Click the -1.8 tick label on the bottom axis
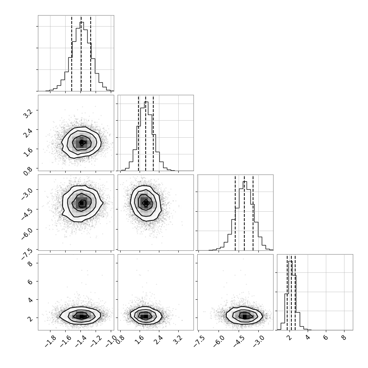point(50,341)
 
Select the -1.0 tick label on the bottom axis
point(111,341)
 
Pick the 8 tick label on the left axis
point(30,264)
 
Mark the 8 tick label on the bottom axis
point(344,338)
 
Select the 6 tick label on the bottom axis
point(326,338)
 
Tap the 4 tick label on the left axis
point(30,300)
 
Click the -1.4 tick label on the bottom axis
point(81,341)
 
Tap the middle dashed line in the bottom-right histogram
point(291,292)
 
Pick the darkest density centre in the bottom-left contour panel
point(81,316)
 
